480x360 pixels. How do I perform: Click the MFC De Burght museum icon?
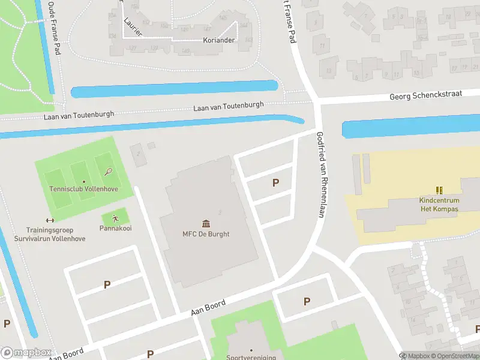click(x=206, y=223)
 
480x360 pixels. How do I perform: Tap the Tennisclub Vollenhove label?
click(x=83, y=189)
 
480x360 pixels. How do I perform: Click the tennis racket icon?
click(x=108, y=172)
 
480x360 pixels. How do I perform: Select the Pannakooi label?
click(x=115, y=229)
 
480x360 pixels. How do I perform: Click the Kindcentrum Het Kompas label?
click(x=439, y=205)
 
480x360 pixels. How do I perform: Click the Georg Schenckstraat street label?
click(x=426, y=95)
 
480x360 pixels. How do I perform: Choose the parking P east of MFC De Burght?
click(x=276, y=183)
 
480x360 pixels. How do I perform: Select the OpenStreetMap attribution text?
click(x=457, y=355)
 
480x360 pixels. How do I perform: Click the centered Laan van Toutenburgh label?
click(x=229, y=106)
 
